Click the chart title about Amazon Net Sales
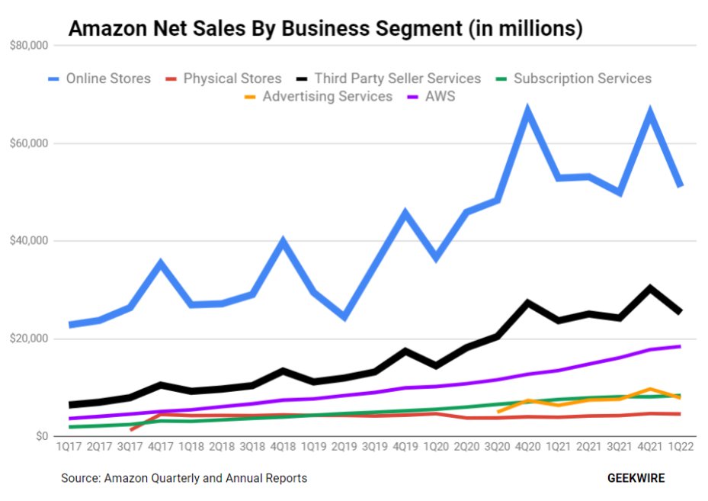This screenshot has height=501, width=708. tap(325, 29)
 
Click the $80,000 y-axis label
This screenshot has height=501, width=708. tap(30, 46)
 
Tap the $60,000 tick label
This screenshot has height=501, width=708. tap(30, 143)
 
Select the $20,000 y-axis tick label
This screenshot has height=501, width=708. tap(30, 339)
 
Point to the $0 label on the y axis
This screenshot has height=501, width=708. tap(40, 436)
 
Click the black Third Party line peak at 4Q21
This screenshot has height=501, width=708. tap(649, 287)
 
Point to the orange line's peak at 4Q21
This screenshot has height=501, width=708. tap(649, 389)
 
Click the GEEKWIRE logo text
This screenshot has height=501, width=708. tap(636, 478)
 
